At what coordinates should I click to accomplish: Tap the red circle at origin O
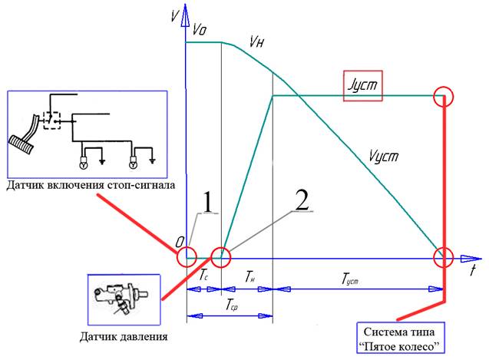186,256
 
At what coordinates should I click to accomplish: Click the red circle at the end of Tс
221,256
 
